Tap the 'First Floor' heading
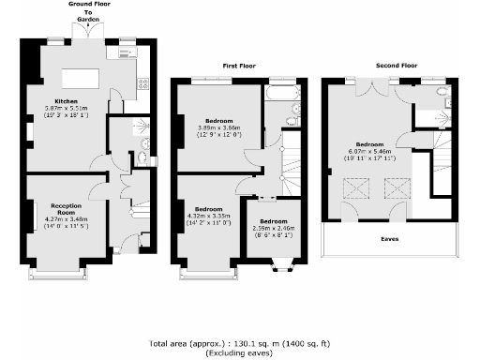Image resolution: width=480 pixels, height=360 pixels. [240, 67]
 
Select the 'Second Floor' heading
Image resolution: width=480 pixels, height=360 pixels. [396, 67]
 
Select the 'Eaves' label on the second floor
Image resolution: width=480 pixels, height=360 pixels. [388, 238]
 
